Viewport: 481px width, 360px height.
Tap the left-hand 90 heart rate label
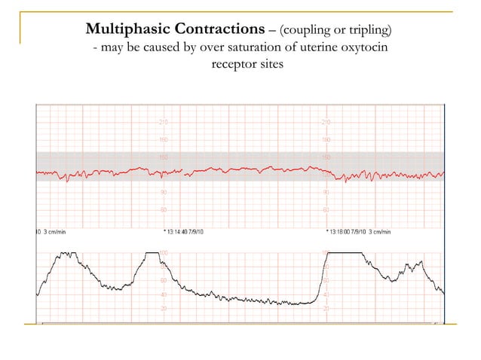coord(163,193)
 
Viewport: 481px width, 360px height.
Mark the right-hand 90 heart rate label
coord(326,193)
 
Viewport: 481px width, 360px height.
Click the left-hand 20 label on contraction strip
coord(163,308)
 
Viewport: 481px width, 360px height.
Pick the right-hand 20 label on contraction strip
coord(326,308)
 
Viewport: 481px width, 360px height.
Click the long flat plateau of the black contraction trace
coord(344,254)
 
